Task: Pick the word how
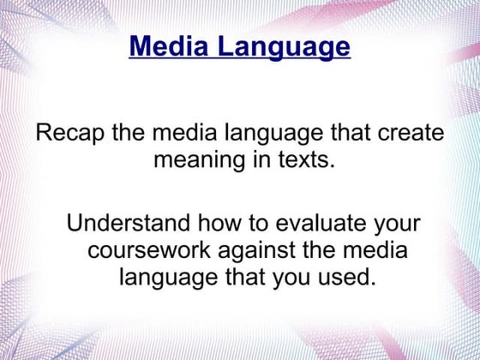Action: (225, 225)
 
